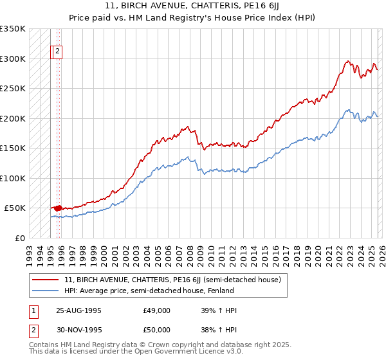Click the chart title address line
[x=192, y=6]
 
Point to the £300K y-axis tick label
[x=13, y=59]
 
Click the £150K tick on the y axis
[x=13, y=148]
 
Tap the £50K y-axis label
[x=15, y=208]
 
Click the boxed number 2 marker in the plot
[x=57, y=51]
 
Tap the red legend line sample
[x=46, y=280]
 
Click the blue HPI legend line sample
[x=46, y=291]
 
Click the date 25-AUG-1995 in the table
[x=78, y=310]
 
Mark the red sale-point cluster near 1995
[x=57, y=208]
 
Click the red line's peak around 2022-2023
[x=347, y=62]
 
